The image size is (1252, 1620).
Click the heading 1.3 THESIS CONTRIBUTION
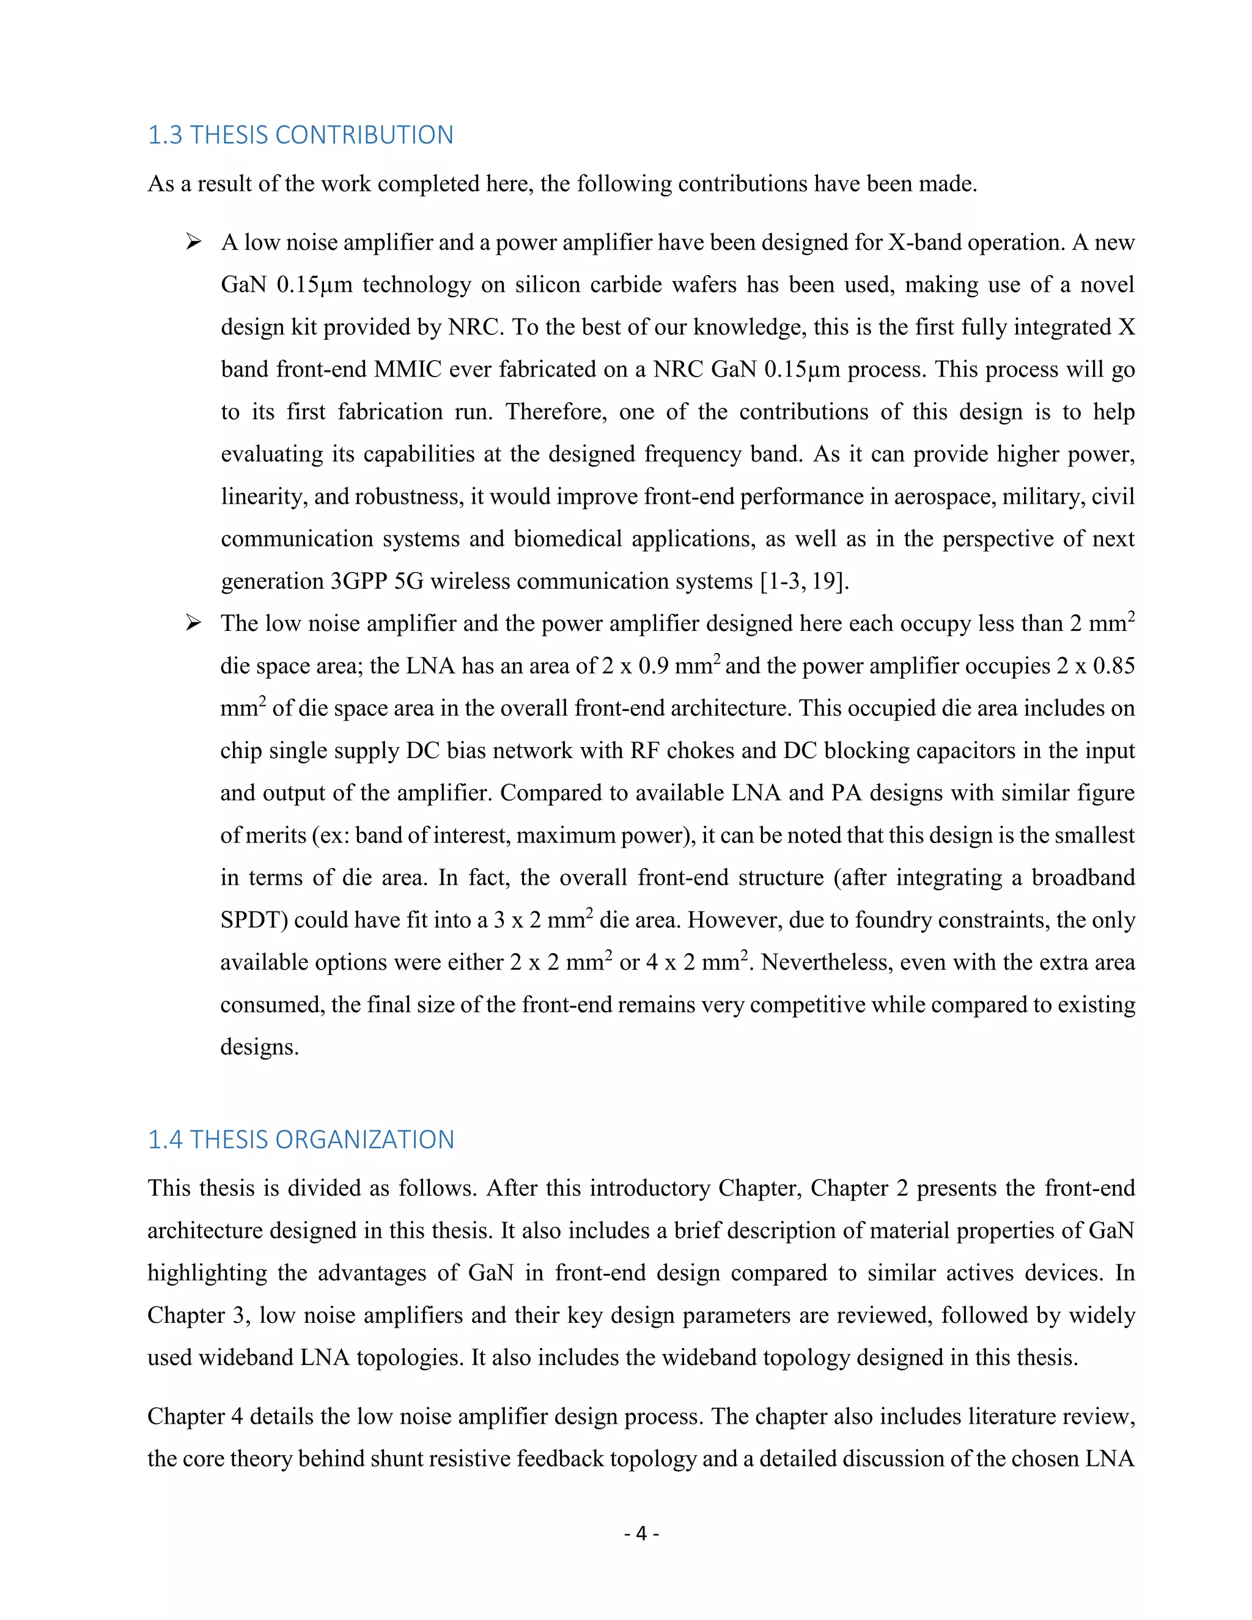pyautogui.click(x=300, y=135)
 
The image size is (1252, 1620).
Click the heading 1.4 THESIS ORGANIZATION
pyautogui.click(x=300, y=1140)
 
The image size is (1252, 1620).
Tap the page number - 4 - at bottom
pyautogui.click(x=641, y=1533)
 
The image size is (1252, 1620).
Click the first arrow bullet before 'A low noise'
pyautogui.click(x=194, y=243)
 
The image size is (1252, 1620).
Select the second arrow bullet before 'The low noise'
pyautogui.click(x=194, y=623)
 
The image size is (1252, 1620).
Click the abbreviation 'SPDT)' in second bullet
pyautogui.click(x=254, y=920)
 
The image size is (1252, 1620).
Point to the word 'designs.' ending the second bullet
pyautogui.click(x=260, y=1047)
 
